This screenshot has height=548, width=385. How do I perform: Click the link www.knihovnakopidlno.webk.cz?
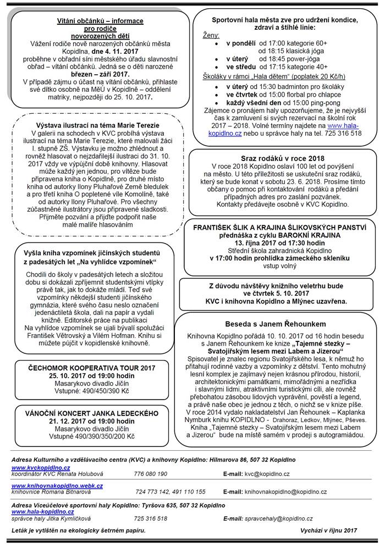click(x=57, y=485)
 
